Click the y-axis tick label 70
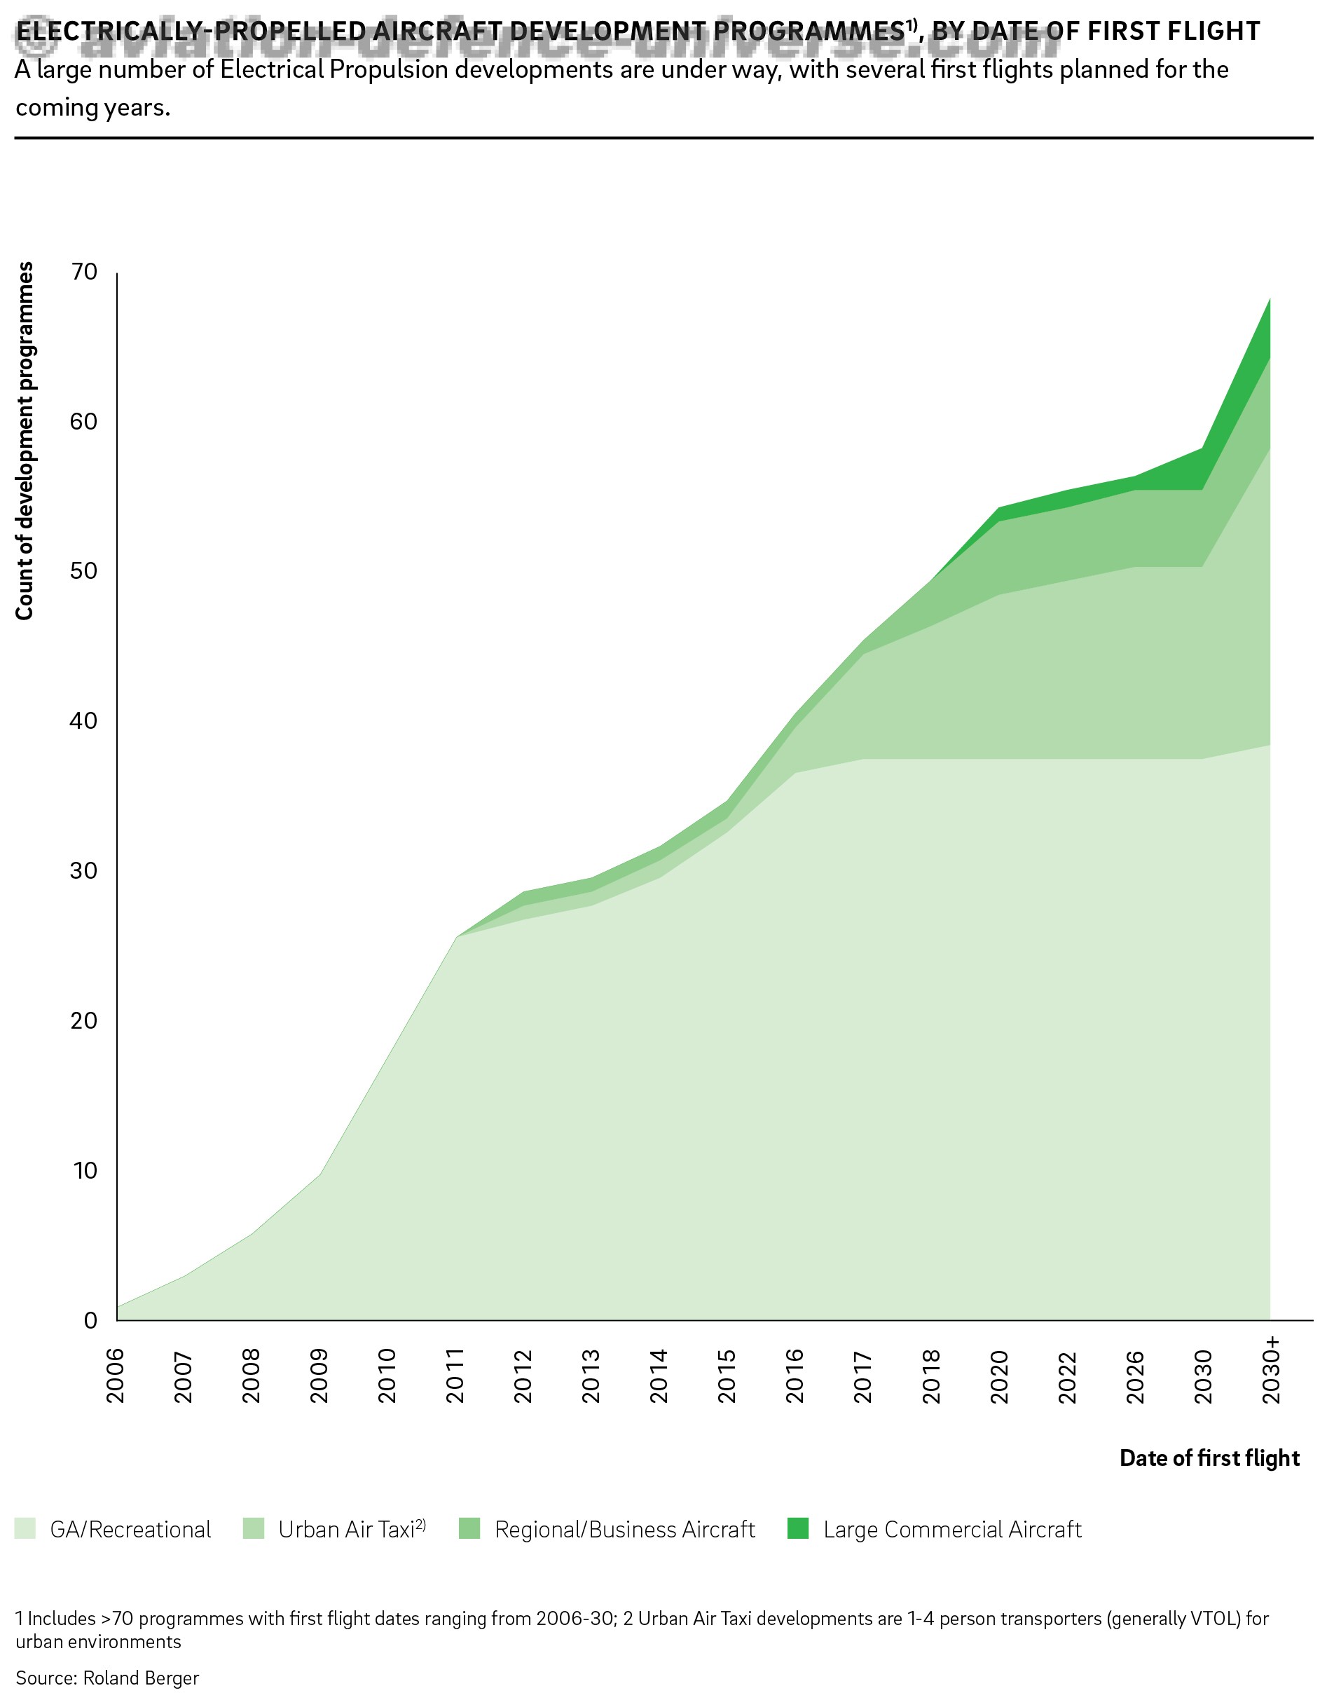(83, 272)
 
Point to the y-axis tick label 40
(83, 720)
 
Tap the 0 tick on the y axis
(90, 1320)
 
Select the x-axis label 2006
(116, 1376)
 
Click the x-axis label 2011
(455, 1376)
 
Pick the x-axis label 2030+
(1272, 1370)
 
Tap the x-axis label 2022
(1068, 1376)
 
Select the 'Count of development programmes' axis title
(25, 441)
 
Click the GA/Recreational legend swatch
(26, 1529)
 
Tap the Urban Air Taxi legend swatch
(254, 1529)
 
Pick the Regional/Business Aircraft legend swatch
(469, 1529)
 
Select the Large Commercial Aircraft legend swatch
(798, 1529)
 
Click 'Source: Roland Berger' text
(107, 1678)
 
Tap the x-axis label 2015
(727, 1376)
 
